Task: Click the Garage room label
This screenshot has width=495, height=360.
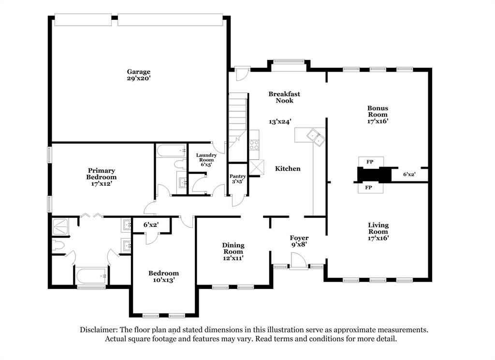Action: pyautogui.click(x=139, y=72)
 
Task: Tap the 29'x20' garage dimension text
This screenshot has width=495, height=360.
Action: pyautogui.click(x=139, y=78)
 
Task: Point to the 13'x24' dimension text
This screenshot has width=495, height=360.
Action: pyautogui.click(x=280, y=122)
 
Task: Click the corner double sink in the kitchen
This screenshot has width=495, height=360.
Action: pyautogui.click(x=317, y=137)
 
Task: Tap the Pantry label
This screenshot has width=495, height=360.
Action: pyautogui.click(x=237, y=177)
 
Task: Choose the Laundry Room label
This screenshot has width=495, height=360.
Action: pyautogui.click(x=206, y=158)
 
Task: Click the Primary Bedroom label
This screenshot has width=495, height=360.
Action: pyautogui.click(x=102, y=174)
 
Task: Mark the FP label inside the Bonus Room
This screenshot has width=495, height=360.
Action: pyautogui.click(x=371, y=162)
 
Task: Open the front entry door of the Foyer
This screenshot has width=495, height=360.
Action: pyautogui.click(x=299, y=262)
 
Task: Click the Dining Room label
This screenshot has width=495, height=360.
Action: pyautogui.click(x=233, y=248)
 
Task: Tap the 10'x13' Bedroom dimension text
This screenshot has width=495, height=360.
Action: pyautogui.click(x=163, y=280)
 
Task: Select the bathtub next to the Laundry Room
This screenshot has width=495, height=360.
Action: pyautogui.click(x=172, y=150)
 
